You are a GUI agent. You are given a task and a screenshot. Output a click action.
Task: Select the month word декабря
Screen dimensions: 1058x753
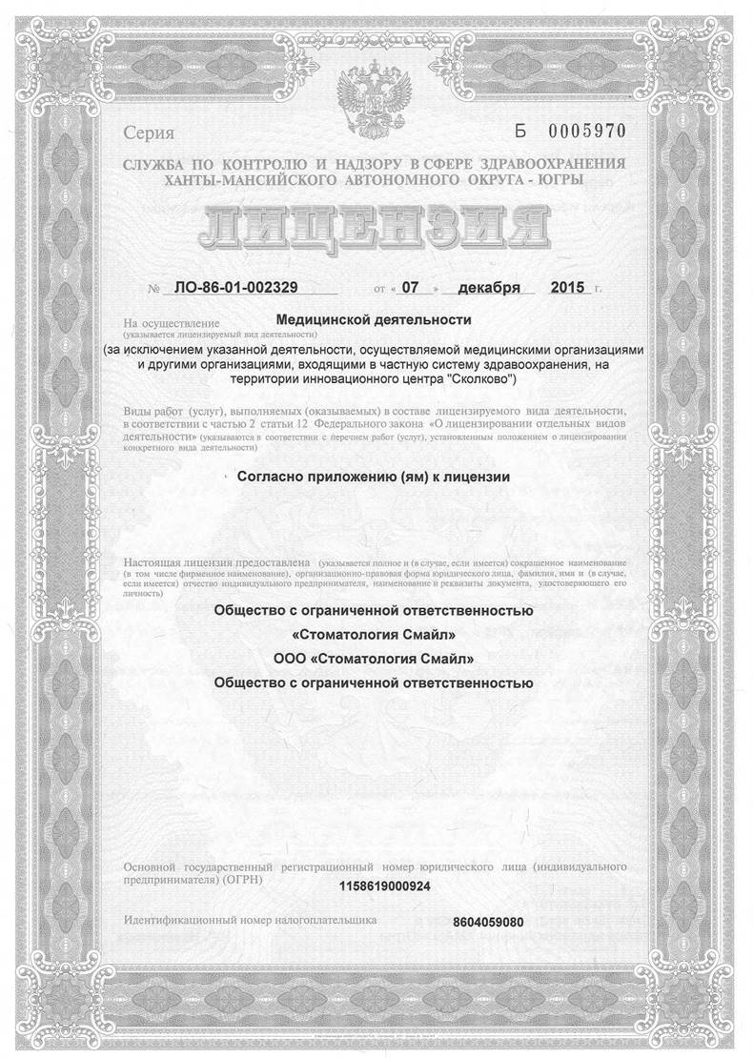[x=488, y=287]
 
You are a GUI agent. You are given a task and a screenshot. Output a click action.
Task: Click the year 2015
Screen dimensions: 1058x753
[x=569, y=287]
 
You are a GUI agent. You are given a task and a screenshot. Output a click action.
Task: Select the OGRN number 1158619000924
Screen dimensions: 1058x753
[x=384, y=886]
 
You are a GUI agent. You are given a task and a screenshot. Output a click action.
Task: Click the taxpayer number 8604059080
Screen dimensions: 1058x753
[x=490, y=922]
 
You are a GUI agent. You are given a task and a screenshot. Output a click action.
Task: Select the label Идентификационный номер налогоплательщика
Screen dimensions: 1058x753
[x=251, y=920]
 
